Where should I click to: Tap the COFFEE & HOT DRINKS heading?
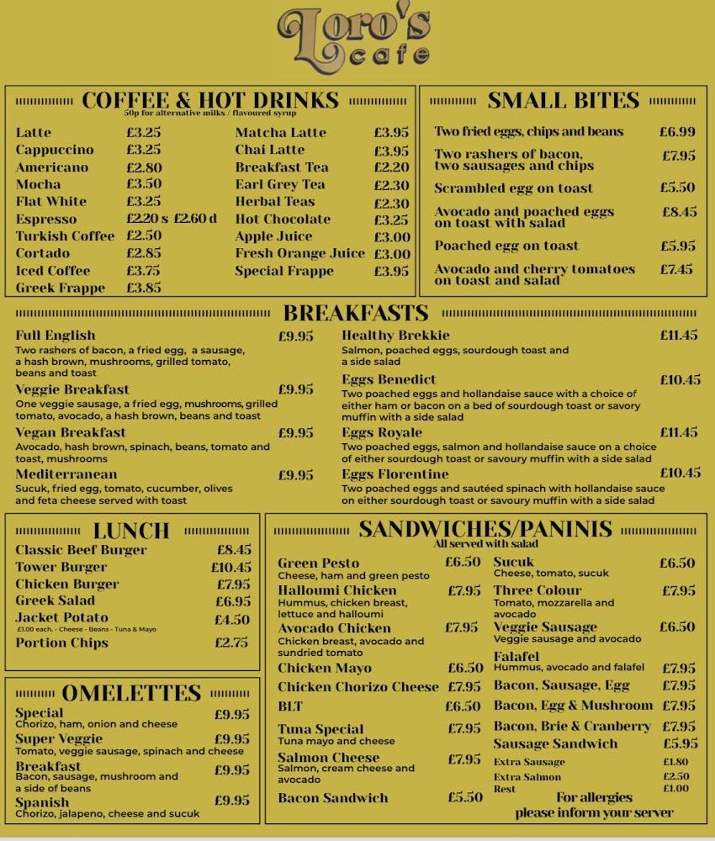[x=210, y=101]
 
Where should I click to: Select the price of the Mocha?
[x=144, y=184]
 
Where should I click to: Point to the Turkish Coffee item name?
[x=65, y=236]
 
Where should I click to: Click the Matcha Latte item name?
[x=280, y=133]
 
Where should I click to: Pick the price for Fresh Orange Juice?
[x=392, y=254]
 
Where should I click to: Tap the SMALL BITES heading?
[x=564, y=101]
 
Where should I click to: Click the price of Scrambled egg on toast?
[x=678, y=188]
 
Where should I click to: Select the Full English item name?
[x=56, y=336]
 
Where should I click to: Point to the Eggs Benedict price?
[x=680, y=380]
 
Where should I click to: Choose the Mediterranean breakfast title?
[x=66, y=474]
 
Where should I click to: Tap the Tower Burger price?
[x=231, y=568]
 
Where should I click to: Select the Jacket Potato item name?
[x=61, y=618]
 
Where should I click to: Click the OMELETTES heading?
[x=131, y=693]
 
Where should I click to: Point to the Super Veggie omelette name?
[x=59, y=739]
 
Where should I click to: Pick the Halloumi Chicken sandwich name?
[x=337, y=590]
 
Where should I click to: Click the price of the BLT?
[x=463, y=707]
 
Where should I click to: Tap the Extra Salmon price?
[x=675, y=776]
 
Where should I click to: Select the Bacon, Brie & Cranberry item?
[x=572, y=726]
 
